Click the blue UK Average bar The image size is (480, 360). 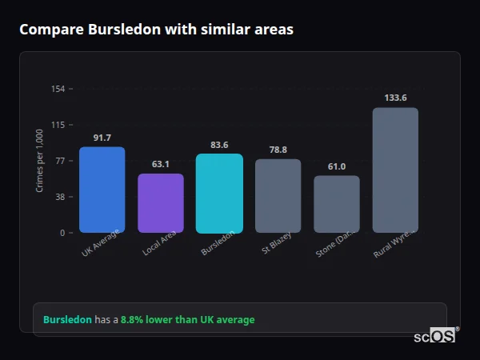(x=102, y=190)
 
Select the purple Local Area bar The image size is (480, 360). (x=161, y=203)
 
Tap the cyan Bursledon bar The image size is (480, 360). (x=219, y=193)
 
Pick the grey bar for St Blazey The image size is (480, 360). (x=278, y=195)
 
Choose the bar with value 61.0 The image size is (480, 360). (x=336, y=204)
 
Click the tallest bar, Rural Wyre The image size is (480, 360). (x=395, y=170)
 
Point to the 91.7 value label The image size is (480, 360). (x=102, y=138)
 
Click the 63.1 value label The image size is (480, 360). (x=161, y=164)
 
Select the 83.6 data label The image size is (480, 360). (x=219, y=145)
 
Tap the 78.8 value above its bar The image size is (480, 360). (x=278, y=150)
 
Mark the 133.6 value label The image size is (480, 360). (x=395, y=98)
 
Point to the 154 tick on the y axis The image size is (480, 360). (x=58, y=89)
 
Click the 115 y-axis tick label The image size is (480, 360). (x=58, y=125)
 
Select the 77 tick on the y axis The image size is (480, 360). (x=60, y=161)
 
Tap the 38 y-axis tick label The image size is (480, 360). (x=60, y=197)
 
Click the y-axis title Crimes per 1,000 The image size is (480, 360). (x=40, y=161)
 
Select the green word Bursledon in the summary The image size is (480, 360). (x=67, y=320)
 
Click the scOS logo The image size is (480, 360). (x=434, y=337)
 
